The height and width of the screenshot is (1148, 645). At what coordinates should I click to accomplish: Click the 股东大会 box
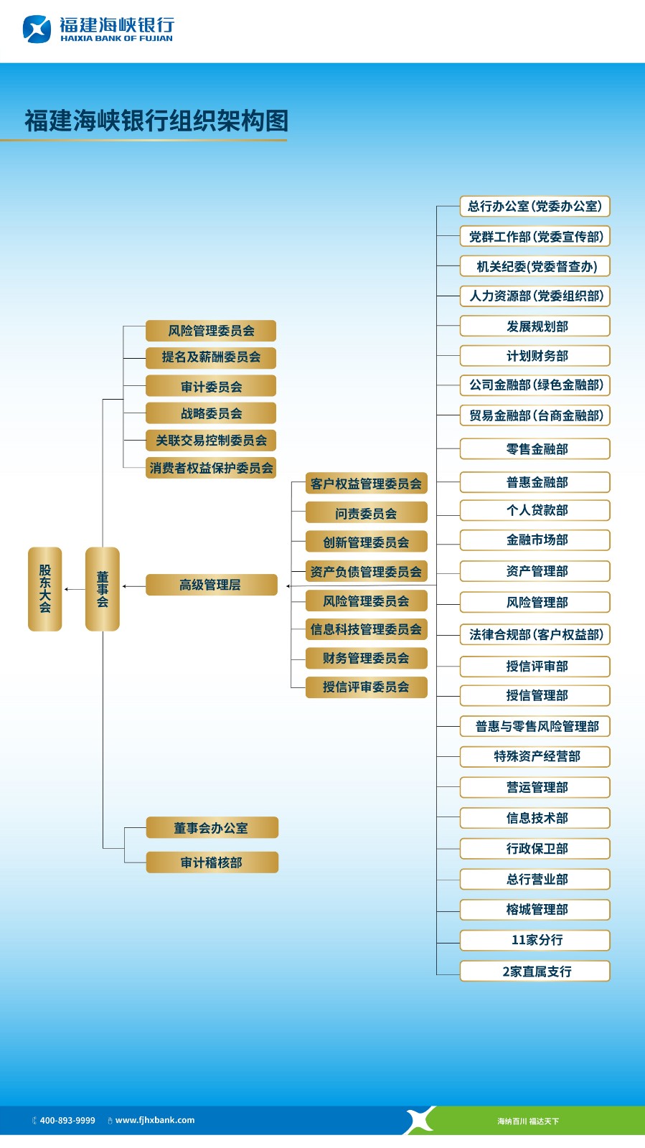point(44,589)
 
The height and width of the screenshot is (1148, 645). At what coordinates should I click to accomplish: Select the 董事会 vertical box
point(102,589)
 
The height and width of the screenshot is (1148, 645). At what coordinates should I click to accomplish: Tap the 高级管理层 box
point(211,585)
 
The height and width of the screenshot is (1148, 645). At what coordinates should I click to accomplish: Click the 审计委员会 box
point(211,387)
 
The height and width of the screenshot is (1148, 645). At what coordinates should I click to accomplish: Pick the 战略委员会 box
point(211,413)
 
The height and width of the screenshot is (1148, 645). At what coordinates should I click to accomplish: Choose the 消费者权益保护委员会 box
point(211,468)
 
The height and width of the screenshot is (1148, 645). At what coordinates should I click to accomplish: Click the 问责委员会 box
point(366,513)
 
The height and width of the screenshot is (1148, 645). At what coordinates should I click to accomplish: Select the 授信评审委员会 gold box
point(366,687)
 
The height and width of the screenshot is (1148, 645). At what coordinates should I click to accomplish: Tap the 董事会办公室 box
point(212,828)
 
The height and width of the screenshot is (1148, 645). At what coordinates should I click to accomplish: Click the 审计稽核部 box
point(212,862)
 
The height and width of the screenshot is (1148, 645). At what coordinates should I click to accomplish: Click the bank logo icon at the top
point(37,29)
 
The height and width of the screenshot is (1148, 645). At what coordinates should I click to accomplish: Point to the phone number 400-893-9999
point(67,1120)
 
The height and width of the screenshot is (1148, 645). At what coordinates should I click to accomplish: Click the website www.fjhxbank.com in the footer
point(154,1120)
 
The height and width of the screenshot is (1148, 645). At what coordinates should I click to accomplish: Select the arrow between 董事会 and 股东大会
point(74,589)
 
